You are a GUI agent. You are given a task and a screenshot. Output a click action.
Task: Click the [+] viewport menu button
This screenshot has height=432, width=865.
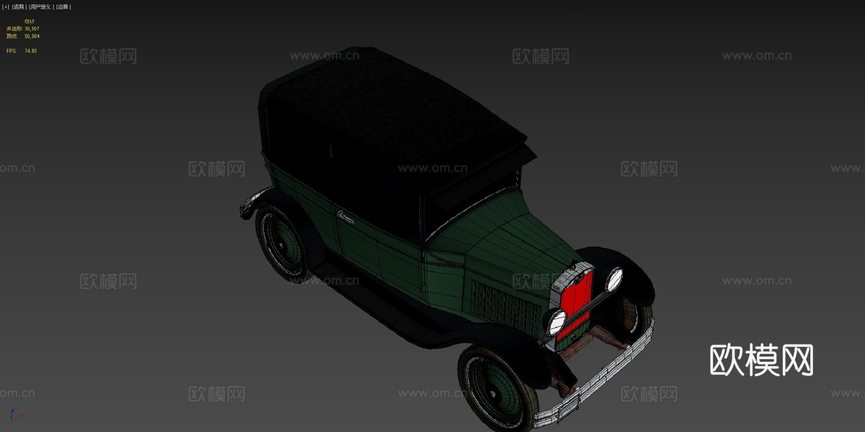click(x=6, y=7)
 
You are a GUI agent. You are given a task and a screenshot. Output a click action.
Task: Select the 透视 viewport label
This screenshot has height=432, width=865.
click(x=19, y=7)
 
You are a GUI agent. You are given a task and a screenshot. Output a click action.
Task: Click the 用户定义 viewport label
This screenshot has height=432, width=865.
click(x=41, y=7)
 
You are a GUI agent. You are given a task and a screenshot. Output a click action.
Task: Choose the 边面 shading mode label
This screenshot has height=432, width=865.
click(x=63, y=7)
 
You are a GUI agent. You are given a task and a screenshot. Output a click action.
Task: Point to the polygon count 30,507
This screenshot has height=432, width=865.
click(x=32, y=29)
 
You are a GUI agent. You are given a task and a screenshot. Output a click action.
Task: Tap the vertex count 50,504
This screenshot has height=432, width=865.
click(x=32, y=36)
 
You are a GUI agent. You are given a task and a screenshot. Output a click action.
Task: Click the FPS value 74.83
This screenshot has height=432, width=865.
click(x=30, y=51)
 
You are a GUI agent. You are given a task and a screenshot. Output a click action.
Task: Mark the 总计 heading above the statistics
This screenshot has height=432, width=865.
click(x=29, y=21)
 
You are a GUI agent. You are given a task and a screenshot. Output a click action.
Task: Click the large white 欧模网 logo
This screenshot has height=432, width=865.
click(x=761, y=360)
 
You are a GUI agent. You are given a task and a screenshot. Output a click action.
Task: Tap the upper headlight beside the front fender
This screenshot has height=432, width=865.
click(x=614, y=279)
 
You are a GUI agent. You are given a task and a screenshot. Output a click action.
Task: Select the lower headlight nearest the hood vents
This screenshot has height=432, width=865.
click(x=557, y=322)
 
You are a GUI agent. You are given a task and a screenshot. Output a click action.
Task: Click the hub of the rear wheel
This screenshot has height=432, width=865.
click(x=281, y=246)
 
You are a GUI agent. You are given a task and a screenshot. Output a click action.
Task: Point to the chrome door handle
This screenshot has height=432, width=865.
click(x=346, y=218)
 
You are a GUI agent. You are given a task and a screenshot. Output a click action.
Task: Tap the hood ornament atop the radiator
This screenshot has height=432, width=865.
click(x=574, y=265)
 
